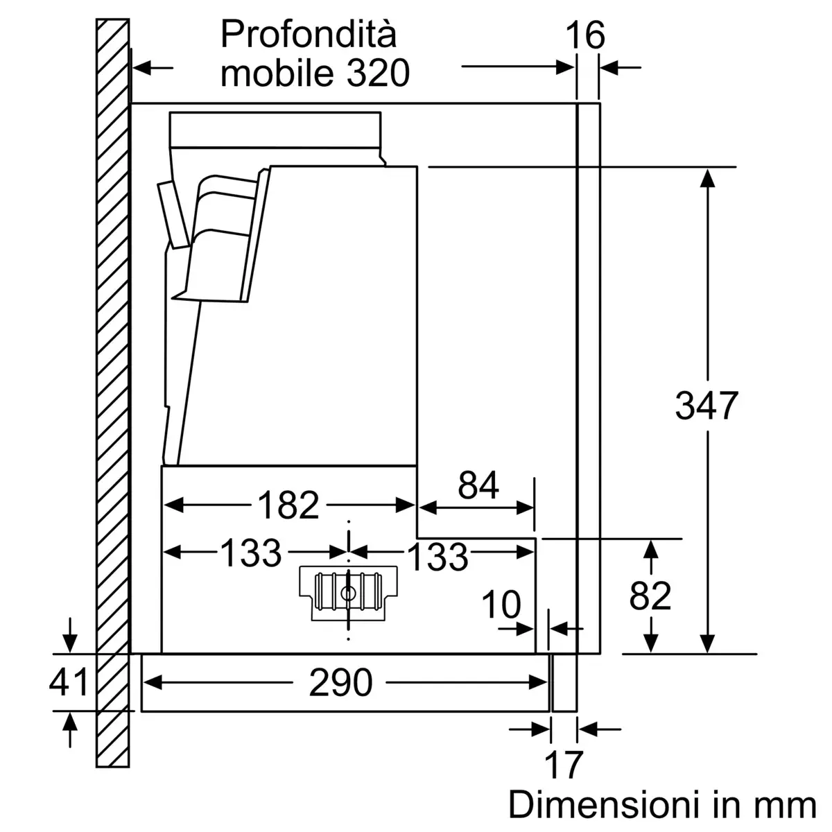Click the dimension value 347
point(707,406)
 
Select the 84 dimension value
point(478,486)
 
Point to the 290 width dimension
point(340,684)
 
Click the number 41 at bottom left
point(69,682)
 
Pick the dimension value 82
point(650,596)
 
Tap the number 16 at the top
point(585,36)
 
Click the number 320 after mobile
point(379,73)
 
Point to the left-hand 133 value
point(251,553)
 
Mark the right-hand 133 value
point(437,556)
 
